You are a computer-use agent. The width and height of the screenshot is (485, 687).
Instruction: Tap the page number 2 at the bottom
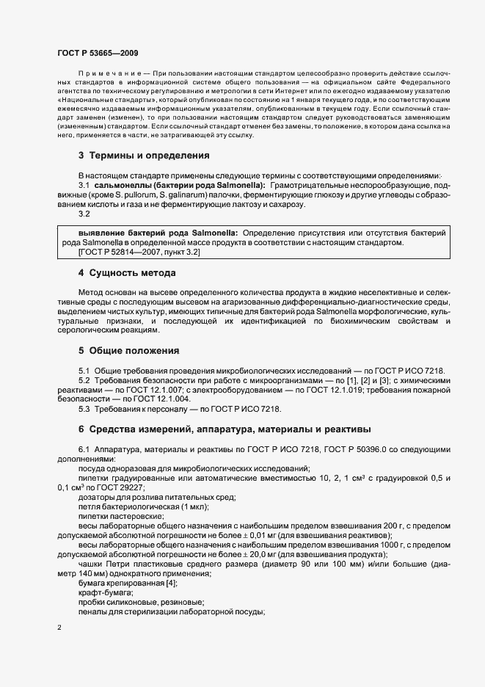point(59,628)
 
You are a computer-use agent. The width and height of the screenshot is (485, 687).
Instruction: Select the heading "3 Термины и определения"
point(144,156)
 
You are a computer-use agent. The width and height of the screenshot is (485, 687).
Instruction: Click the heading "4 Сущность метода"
point(127,273)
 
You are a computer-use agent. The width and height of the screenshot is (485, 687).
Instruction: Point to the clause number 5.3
point(84,409)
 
